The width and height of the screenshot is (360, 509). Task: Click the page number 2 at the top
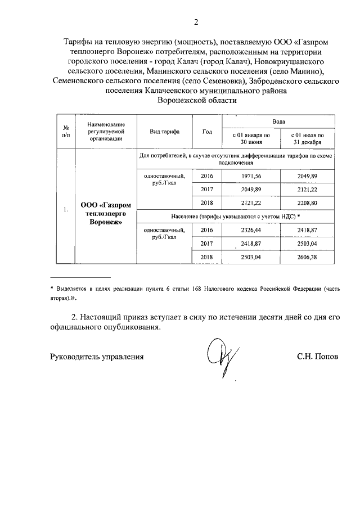coord(196,22)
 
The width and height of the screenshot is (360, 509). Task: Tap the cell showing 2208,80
coord(307,202)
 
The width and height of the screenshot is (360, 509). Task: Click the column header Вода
coord(279,121)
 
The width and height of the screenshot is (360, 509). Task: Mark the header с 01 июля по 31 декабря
coord(307,139)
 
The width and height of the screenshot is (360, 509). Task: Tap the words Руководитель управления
coord(97,357)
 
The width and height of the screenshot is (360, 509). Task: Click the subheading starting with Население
coord(236,217)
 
